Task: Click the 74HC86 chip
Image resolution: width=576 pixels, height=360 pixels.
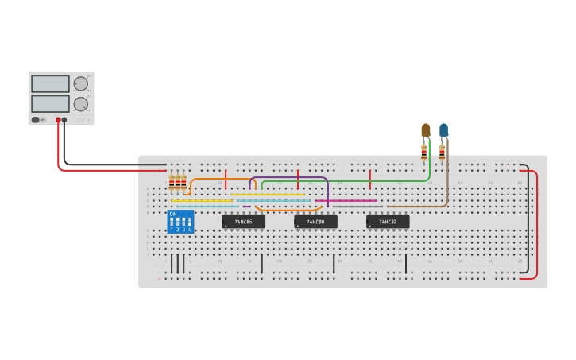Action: (243, 222)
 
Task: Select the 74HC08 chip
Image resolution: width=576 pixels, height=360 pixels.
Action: (315, 222)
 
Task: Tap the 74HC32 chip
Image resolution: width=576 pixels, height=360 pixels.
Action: (388, 222)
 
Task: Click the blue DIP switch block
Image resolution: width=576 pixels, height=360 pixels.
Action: (180, 221)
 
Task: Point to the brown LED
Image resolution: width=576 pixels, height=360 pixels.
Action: (425, 130)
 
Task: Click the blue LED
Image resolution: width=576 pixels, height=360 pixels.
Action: (443, 130)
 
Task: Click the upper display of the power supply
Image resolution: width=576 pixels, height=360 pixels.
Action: (50, 83)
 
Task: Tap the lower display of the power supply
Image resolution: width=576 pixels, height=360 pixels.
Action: (50, 103)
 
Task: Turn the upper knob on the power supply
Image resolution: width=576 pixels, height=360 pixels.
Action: (80, 83)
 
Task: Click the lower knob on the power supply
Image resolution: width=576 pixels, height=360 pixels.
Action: (80, 104)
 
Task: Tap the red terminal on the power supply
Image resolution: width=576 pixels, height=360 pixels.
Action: (58, 120)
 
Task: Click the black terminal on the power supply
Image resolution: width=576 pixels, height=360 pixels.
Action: (64, 120)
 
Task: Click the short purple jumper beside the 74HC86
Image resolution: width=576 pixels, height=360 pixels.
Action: (247, 207)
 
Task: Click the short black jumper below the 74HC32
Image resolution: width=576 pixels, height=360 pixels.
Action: (406, 263)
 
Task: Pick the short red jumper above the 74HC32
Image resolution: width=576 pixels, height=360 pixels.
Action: (370, 180)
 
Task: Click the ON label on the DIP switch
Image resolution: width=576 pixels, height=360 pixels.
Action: (173, 214)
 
